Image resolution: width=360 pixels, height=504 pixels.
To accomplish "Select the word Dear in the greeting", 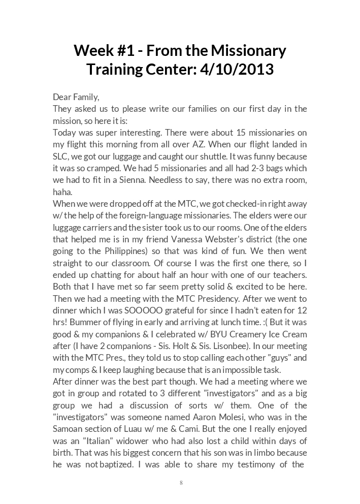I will (x=62, y=97).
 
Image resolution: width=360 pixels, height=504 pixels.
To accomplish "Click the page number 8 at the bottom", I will (x=181, y=483).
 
